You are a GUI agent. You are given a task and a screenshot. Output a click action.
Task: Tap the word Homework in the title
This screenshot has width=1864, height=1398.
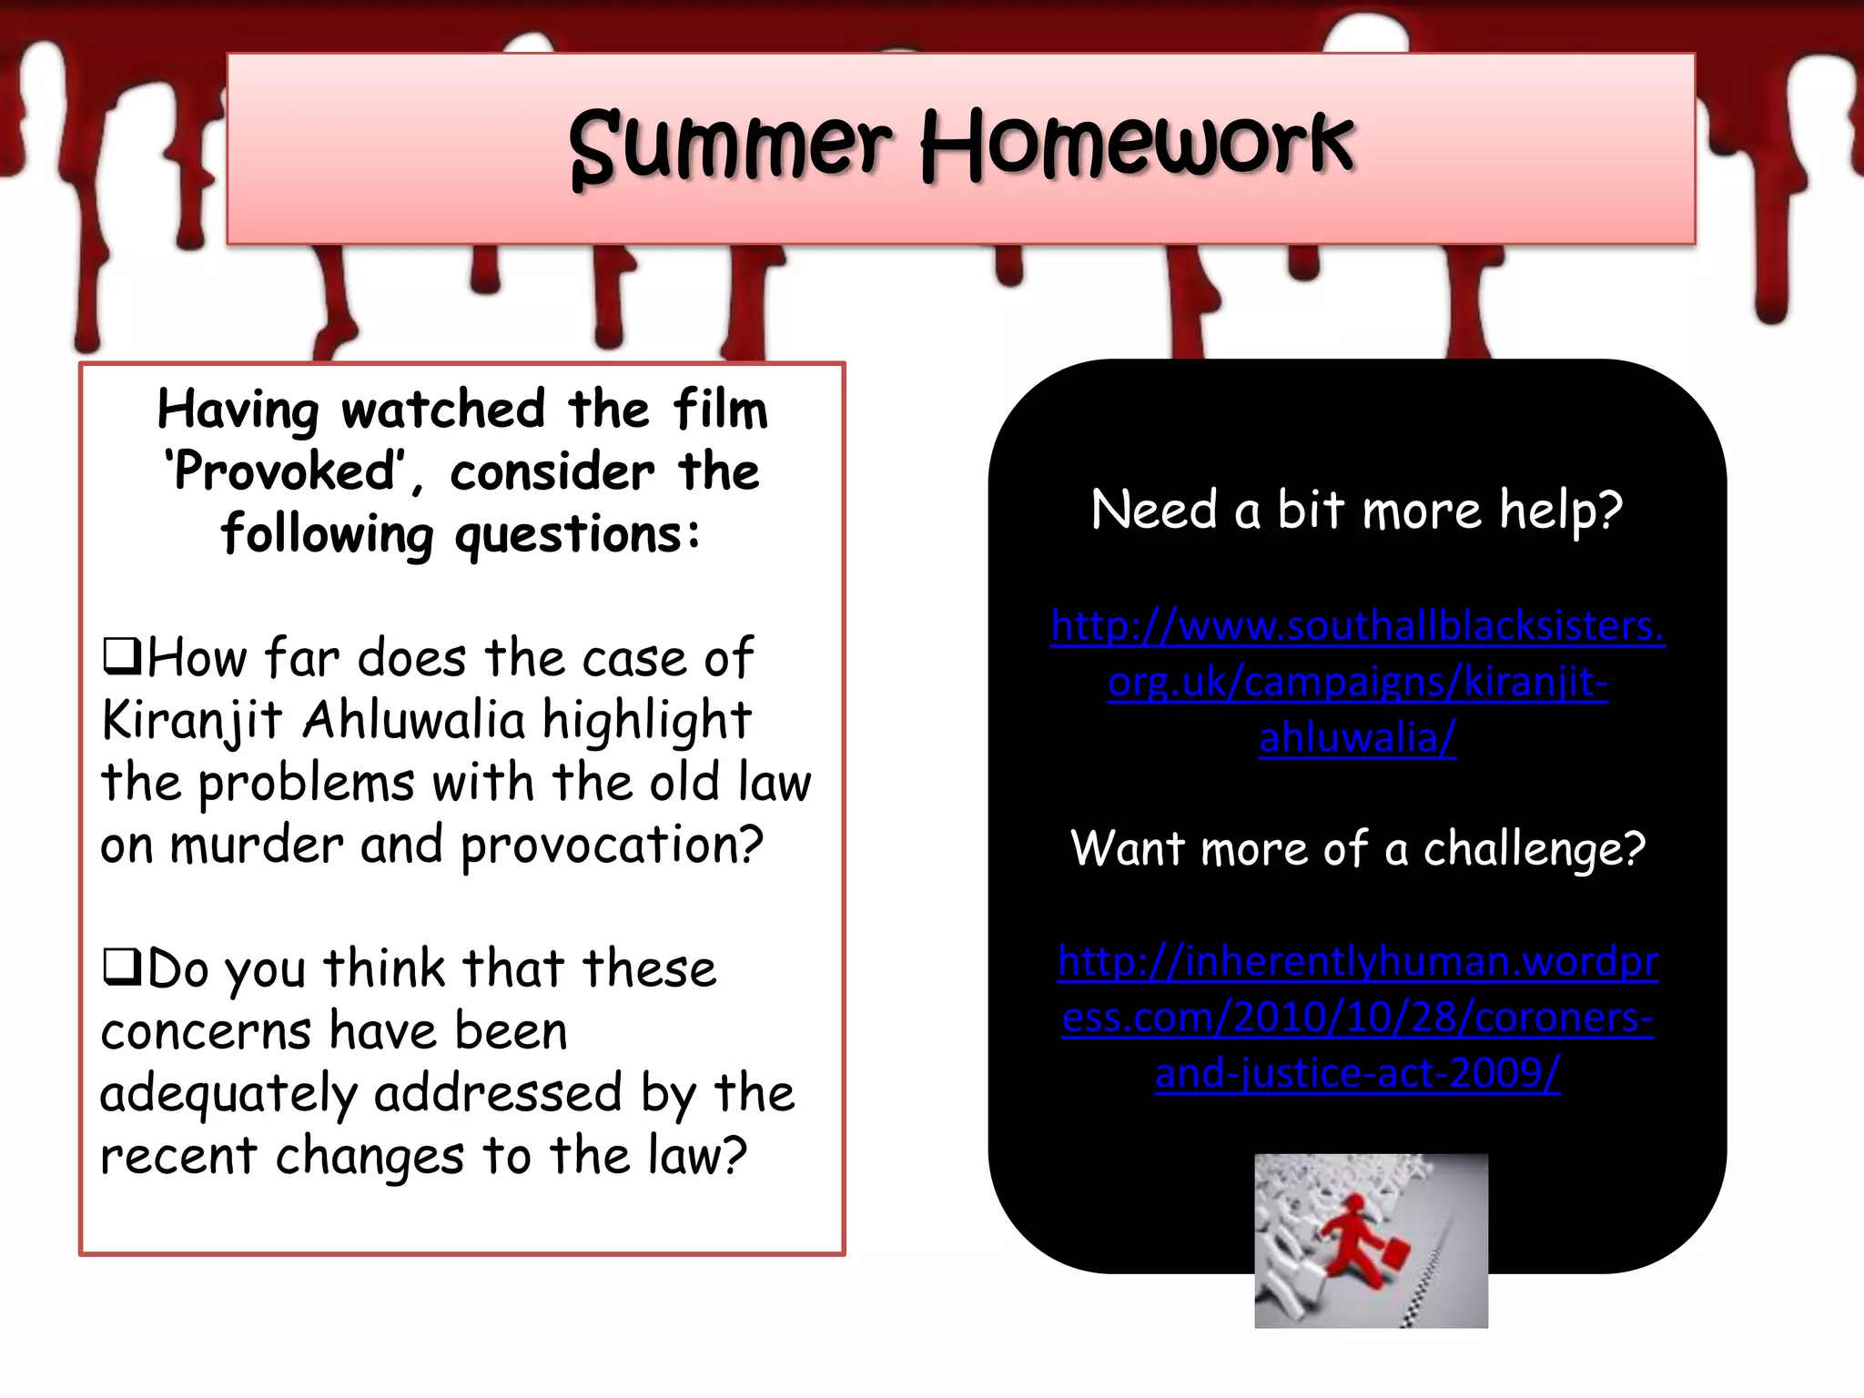(1137, 146)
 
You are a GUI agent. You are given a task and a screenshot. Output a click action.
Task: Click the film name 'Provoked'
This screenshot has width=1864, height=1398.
(283, 472)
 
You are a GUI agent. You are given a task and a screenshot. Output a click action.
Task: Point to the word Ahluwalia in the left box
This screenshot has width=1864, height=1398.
(414, 721)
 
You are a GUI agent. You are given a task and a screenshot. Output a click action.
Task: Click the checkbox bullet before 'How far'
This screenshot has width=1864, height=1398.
(121, 655)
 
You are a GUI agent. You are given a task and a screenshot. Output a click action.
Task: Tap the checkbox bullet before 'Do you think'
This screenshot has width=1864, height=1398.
(121, 967)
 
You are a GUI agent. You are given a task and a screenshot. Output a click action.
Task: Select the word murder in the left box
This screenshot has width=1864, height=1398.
(256, 845)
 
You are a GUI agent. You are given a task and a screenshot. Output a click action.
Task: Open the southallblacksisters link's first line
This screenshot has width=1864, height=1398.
(1357, 626)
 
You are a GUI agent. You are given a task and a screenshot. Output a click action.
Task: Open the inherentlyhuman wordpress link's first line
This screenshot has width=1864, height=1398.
(1357, 961)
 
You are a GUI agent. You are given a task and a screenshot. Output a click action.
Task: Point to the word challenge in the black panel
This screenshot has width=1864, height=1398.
(1534, 850)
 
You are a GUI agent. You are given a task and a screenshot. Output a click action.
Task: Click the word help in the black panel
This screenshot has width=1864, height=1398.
(1560, 510)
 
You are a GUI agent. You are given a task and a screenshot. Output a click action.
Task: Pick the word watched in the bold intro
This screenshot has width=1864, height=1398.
(443, 410)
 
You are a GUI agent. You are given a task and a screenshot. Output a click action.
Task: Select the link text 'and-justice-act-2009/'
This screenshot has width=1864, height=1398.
(1357, 1073)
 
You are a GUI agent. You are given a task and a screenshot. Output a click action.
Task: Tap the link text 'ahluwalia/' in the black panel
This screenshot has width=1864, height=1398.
(1357, 737)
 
